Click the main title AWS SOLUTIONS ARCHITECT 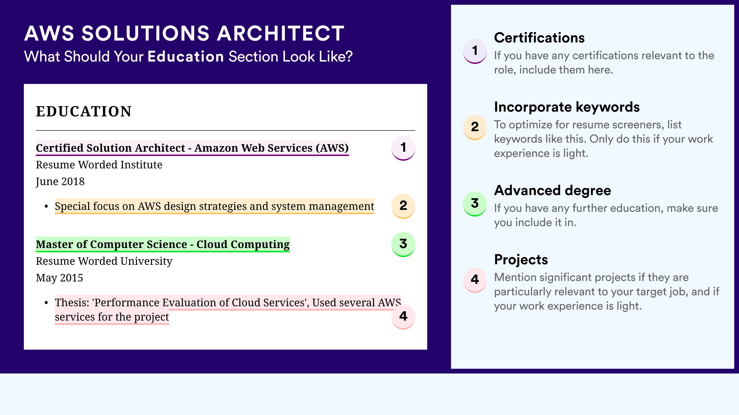(x=184, y=33)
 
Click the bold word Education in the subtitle (x=186, y=56)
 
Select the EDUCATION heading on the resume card (x=84, y=111)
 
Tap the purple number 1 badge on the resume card (x=403, y=148)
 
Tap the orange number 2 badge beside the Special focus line (x=403, y=206)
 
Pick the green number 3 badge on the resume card (x=403, y=244)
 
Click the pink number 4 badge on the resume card (x=403, y=316)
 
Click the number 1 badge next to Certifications (x=475, y=51)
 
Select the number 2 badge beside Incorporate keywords (x=475, y=127)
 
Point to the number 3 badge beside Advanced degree (x=475, y=204)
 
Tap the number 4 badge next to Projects (x=475, y=280)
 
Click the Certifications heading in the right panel (x=539, y=38)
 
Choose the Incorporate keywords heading (x=567, y=107)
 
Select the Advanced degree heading (x=553, y=191)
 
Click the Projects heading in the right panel (x=521, y=260)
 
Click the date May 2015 (x=59, y=278)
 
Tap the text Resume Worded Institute (x=99, y=165)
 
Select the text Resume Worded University (x=104, y=261)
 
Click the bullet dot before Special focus (x=46, y=207)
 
